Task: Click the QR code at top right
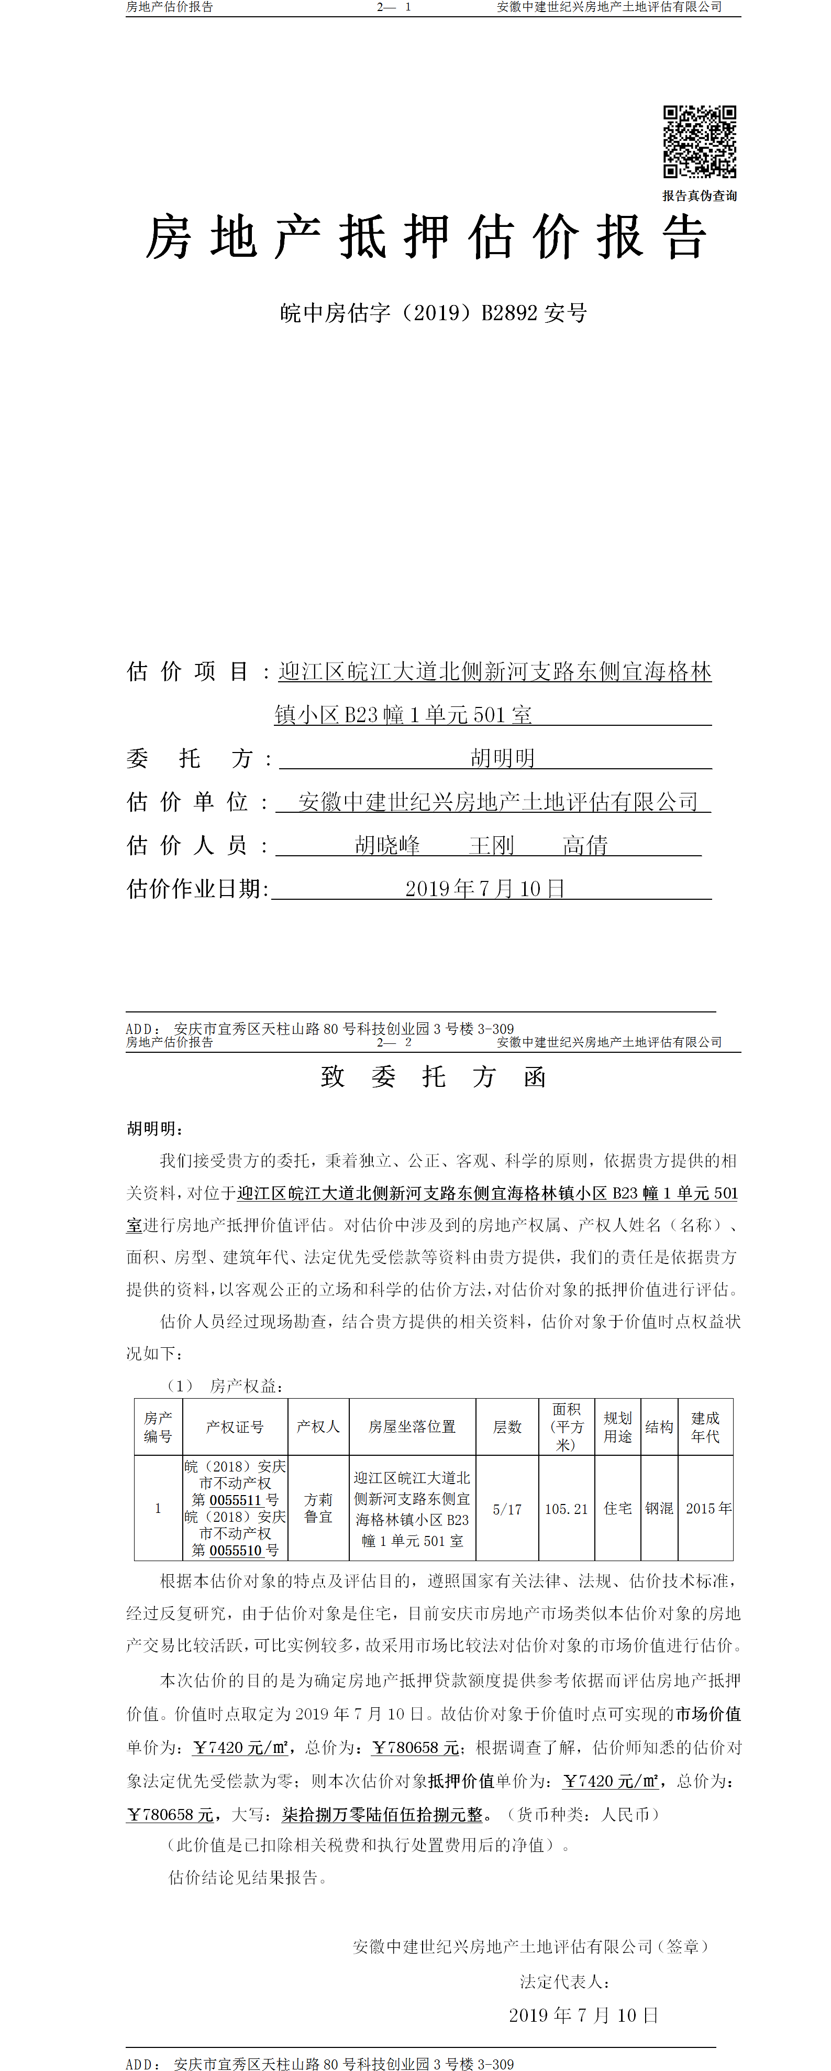pos(699,141)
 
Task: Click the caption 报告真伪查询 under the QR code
pos(699,195)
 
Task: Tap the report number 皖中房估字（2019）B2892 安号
pos(433,313)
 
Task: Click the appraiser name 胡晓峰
pos(387,845)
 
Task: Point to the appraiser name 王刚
pos(491,845)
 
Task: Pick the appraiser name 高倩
pos(585,845)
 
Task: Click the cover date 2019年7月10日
pos(484,888)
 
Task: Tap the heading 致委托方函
pos(433,1076)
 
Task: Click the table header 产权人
pos(318,1426)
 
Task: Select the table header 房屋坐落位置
pos(412,1426)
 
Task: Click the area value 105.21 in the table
pos(566,1509)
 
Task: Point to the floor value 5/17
pos(507,1509)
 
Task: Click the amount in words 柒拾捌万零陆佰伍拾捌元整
pos(383,1815)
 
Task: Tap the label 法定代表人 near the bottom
pos(564,1982)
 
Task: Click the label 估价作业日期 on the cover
pos(196,888)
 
